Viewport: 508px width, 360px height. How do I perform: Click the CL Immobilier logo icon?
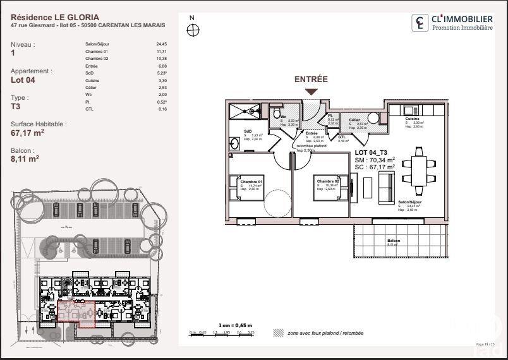(419, 23)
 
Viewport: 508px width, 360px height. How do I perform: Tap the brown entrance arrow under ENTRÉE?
(311, 91)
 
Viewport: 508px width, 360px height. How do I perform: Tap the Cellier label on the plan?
(354, 119)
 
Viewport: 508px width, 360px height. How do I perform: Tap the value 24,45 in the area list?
(161, 44)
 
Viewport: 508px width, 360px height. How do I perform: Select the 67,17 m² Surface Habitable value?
(27, 133)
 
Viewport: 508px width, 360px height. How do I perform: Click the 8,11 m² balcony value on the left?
(25, 160)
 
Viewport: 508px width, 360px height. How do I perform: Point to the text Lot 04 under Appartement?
(23, 80)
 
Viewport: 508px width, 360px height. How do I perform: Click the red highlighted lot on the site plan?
(77, 314)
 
